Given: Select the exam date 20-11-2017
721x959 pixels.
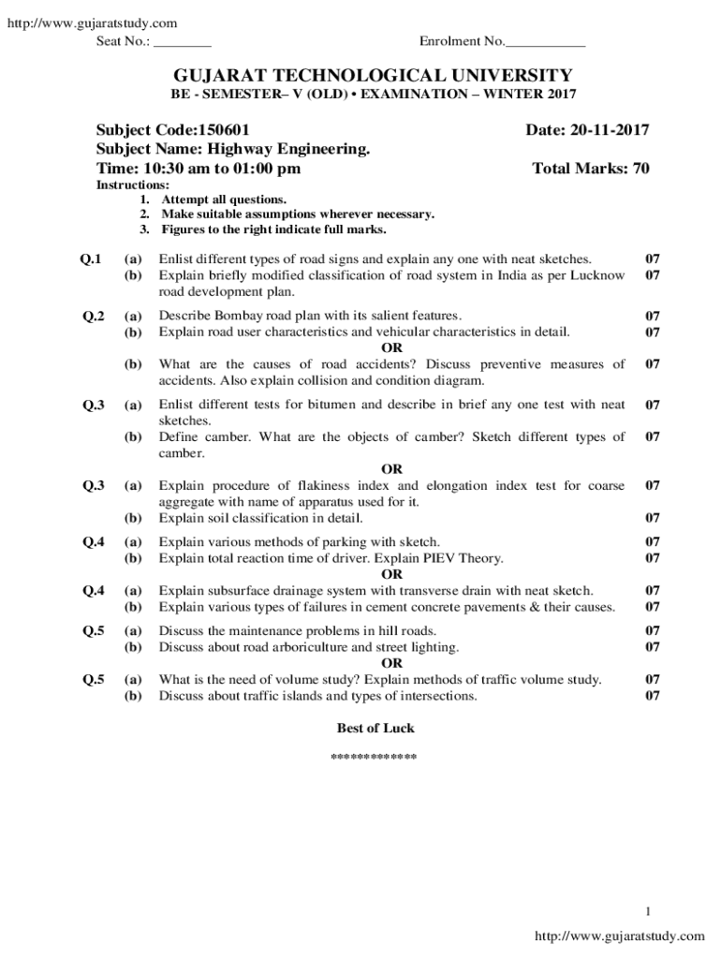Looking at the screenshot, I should (605, 130).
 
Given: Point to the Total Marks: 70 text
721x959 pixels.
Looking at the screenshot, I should (590, 169).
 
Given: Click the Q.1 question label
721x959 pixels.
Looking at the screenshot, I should (91, 258).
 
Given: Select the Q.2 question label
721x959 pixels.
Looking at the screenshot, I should (91, 316).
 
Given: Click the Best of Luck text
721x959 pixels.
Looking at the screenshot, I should (375, 728).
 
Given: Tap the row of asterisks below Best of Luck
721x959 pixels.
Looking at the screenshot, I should (375, 756).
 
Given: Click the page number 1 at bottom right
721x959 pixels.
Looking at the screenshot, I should (646, 911).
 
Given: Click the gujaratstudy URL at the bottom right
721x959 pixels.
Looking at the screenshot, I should (619, 936).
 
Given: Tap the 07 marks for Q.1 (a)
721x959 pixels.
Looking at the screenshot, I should (653, 258).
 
